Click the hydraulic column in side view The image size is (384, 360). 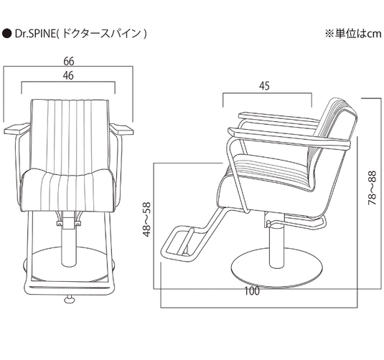point(273,244)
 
